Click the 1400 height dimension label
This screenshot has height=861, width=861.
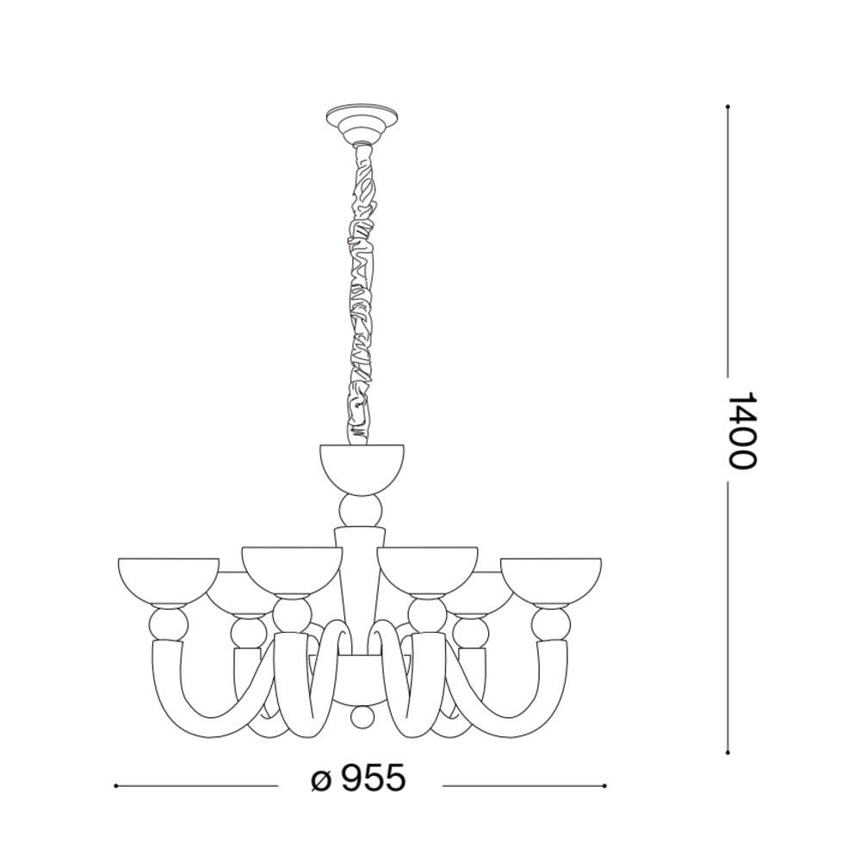click(742, 430)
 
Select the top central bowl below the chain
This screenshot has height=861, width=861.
click(362, 468)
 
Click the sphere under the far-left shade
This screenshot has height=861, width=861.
click(168, 623)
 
